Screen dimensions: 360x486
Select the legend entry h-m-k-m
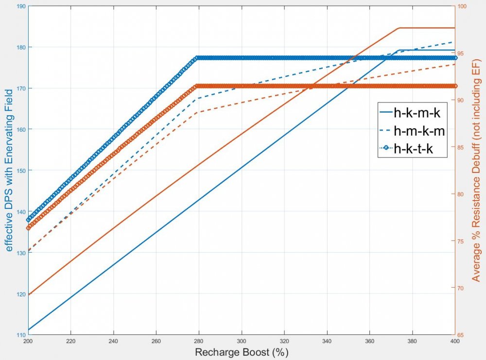point(419,131)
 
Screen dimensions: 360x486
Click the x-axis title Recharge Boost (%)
point(242,352)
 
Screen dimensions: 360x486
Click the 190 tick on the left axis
point(19,6)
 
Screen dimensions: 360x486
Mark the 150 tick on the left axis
point(19,171)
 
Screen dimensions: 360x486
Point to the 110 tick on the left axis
point(19,335)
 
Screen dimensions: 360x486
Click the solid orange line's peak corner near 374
point(399,28)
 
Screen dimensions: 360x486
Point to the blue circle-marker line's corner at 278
point(196,58)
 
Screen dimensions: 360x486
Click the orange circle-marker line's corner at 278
point(196,86)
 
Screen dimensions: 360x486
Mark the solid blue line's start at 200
point(28,330)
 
